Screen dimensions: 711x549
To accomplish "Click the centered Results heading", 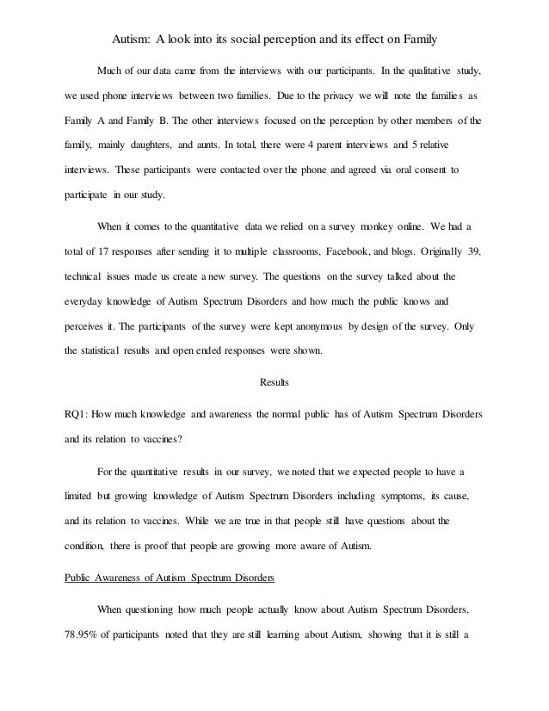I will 274,382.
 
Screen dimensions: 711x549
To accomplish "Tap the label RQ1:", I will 80,414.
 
